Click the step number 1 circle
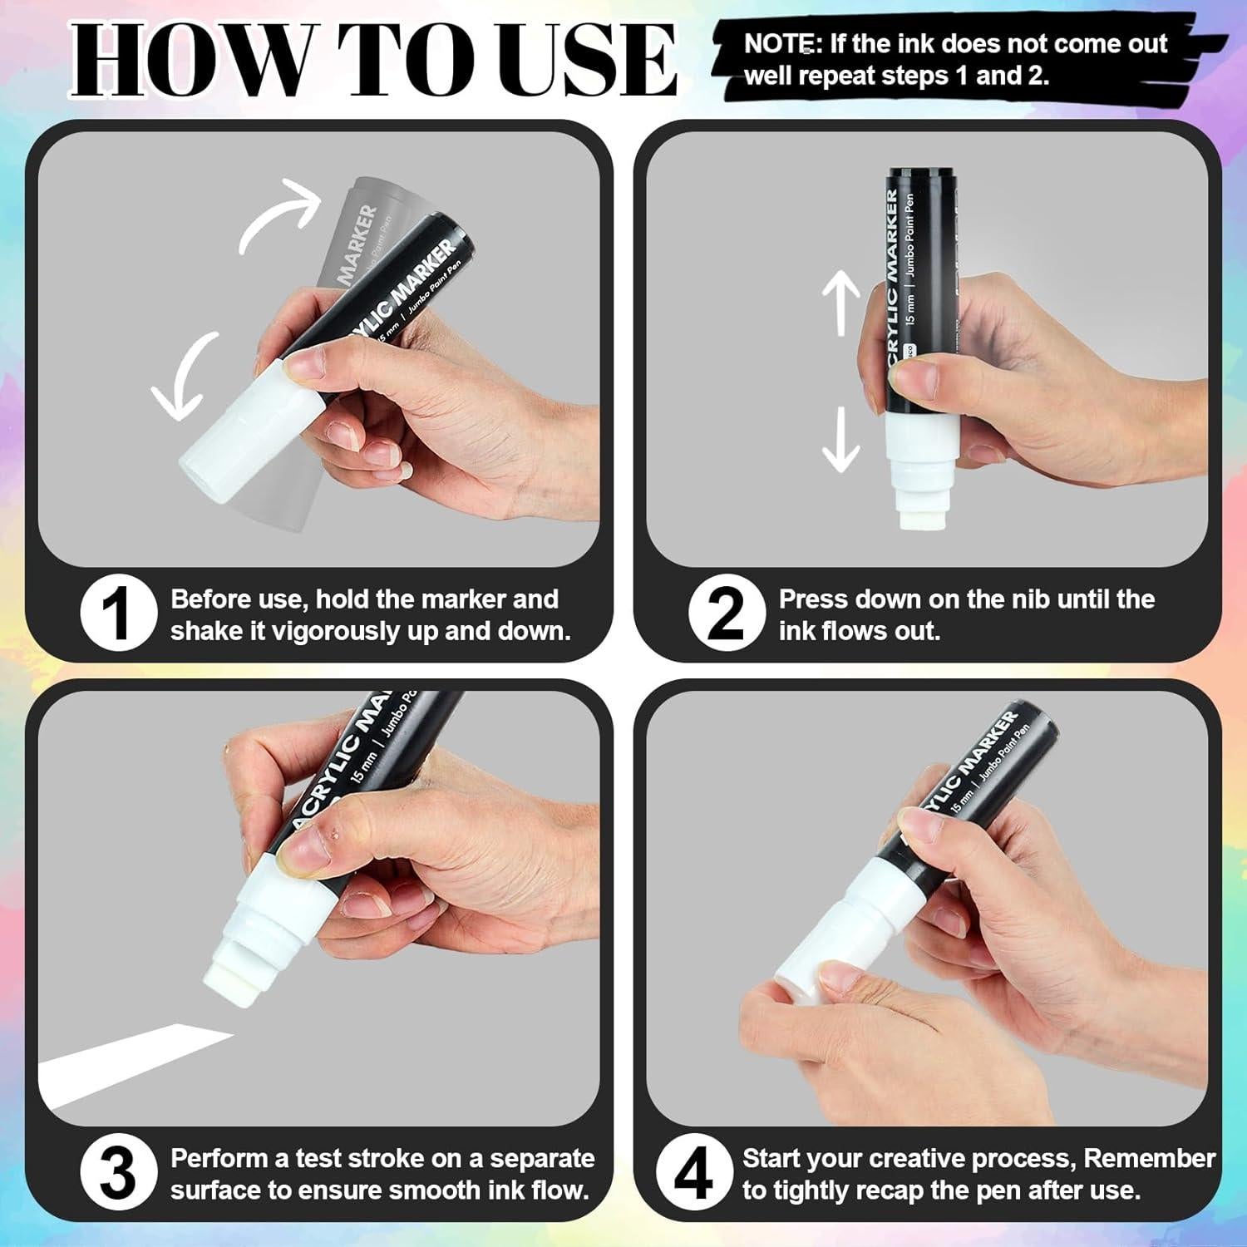(119, 616)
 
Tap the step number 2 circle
(727, 616)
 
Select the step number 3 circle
(119, 1175)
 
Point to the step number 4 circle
(694, 1175)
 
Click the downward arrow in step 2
(840, 439)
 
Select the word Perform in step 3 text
(218, 1158)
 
